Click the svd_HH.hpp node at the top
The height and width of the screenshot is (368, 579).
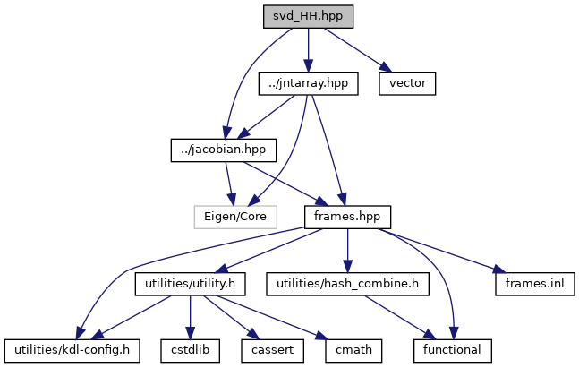[x=307, y=16]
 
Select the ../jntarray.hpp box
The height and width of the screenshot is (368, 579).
[x=307, y=83]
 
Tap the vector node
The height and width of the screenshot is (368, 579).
[x=407, y=83]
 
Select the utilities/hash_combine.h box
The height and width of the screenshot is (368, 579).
[x=347, y=283]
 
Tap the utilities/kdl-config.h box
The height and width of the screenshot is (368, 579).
[x=72, y=349]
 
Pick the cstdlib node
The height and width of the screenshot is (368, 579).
[x=191, y=349]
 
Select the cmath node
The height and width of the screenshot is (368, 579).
[x=342, y=349]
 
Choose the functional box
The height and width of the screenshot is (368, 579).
[x=453, y=349]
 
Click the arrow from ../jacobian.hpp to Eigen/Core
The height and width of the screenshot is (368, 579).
[x=230, y=183]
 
